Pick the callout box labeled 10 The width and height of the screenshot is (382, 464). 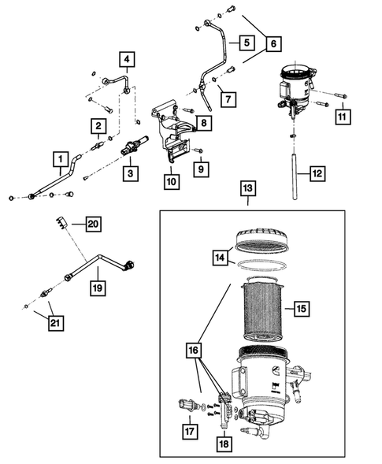pos(170,180)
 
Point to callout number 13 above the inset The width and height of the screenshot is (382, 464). pos(247,190)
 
